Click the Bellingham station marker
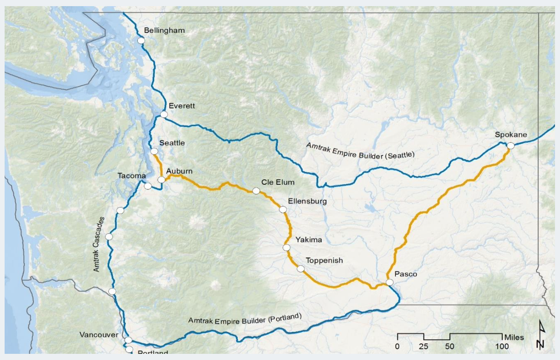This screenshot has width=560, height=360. coord(141,40)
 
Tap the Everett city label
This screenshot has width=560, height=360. coord(182,106)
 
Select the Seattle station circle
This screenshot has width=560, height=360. coord(154,151)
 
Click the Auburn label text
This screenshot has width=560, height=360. coord(179,171)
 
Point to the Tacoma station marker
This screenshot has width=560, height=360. coord(148,186)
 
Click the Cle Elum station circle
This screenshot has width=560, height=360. coord(256,191)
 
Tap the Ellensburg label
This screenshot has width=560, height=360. coord(307,201)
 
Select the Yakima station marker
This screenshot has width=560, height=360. coord(287,248)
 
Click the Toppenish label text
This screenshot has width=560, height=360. coord(324,260)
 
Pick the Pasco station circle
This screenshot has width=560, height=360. coord(390,282)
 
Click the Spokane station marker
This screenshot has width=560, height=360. coord(511,146)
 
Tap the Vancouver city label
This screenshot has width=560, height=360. coord(99,335)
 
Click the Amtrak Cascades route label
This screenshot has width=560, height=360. coord(98,245)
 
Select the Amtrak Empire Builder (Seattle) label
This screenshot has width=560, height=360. coord(360,151)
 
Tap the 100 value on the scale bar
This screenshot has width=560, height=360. coord(502,346)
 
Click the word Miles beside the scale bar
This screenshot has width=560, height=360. coord(514,337)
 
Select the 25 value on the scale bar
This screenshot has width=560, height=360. coord(423,346)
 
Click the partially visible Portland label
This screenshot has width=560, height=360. coord(153,352)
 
